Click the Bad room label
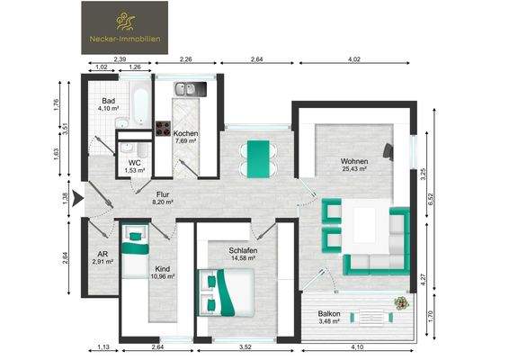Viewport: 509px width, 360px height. coord(108,101)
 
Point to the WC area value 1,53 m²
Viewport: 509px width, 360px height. coord(135,170)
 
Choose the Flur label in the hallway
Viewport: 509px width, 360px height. coord(163,194)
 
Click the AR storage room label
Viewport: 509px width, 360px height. coord(102,254)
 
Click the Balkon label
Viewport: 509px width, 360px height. coord(328,313)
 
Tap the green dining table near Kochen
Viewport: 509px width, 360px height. coord(258,158)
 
